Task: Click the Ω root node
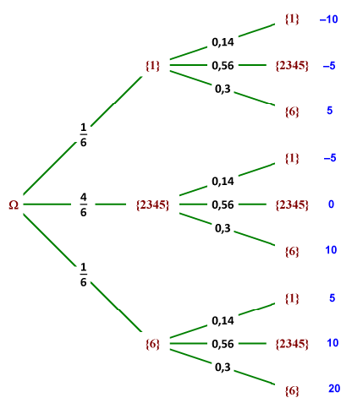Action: [x=14, y=204]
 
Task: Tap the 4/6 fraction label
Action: [x=84, y=204]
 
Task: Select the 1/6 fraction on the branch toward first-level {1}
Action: [x=84, y=134]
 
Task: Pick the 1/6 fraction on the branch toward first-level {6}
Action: [x=84, y=275]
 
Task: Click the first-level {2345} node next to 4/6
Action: [x=152, y=204]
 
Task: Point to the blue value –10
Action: [x=328, y=19]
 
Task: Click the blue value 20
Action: [x=334, y=389]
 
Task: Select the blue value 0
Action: [x=332, y=204]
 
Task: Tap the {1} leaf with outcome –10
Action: [x=292, y=19]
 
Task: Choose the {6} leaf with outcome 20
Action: [x=292, y=390]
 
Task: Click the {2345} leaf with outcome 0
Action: [x=292, y=204]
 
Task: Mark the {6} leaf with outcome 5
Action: [x=292, y=111]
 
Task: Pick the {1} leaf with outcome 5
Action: [x=292, y=297]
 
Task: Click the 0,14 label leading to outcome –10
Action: [x=223, y=41]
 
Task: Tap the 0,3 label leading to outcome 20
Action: [x=223, y=368]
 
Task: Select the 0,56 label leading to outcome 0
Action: [x=223, y=204]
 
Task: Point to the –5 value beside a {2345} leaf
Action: [x=330, y=65]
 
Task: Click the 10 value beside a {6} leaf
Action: [x=333, y=250]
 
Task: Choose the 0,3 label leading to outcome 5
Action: [x=223, y=88]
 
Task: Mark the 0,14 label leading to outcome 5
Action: [x=223, y=320]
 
